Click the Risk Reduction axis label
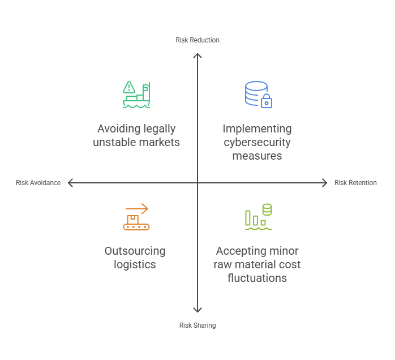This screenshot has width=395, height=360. coord(197,40)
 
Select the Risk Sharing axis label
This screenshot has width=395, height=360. coord(197,325)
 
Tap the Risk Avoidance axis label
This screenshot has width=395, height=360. coord(38,183)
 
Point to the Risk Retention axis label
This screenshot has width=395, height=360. coord(355,183)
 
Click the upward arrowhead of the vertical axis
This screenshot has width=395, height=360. coord(197,55)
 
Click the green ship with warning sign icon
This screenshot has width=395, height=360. coord(136,95)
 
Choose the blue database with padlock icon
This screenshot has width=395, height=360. coord(258,95)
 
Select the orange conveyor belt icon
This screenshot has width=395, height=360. coord(136,217)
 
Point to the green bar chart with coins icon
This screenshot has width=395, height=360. coord(258,217)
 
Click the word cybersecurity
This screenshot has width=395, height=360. coord(257,142)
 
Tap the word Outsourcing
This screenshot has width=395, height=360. coord(135,251)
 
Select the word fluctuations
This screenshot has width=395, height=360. coord(257,278)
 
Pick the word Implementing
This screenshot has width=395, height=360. coord(257,129)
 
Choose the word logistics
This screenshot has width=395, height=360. coord(135,264)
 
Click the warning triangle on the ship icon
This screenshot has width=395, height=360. coord(128,87)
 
